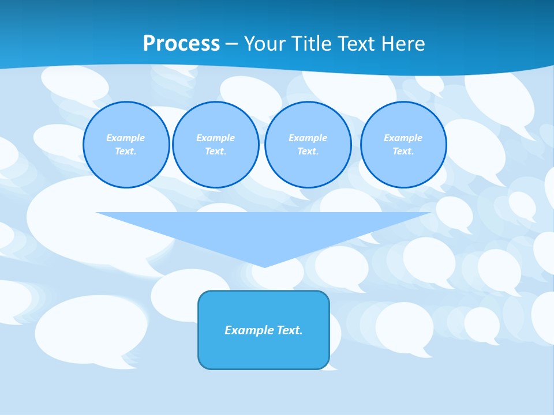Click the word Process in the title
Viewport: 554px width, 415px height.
181,44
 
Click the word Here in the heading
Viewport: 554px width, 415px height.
402,44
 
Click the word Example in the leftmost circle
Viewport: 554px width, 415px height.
126,138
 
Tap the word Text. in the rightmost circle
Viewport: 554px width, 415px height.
403,151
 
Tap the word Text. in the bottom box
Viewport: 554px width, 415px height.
290,330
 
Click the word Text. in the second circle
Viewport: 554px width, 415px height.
215,151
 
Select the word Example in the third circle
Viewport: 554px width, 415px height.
308,138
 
